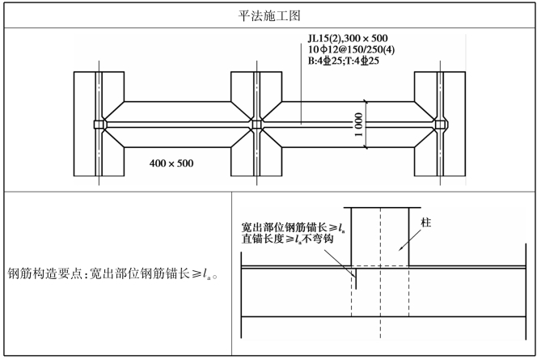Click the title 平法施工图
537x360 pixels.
pos(268,15)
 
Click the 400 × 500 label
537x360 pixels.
pos(171,163)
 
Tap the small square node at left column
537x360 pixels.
pos(98,125)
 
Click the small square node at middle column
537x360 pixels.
pos(257,125)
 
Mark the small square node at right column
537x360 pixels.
pos(441,125)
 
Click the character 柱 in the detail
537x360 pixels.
pos(425,222)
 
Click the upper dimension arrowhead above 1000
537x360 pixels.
pos(365,103)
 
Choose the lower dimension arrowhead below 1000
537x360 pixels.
pos(365,147)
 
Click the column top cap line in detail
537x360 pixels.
pos(380,206)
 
